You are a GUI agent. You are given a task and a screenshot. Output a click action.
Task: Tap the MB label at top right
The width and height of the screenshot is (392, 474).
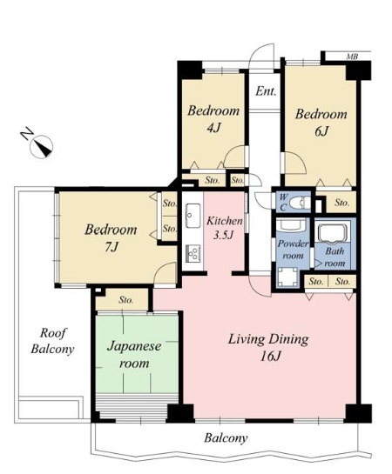352,57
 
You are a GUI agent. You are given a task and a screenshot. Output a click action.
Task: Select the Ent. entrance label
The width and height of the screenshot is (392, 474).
266,91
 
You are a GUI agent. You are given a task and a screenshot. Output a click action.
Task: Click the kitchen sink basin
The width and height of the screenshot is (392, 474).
193,216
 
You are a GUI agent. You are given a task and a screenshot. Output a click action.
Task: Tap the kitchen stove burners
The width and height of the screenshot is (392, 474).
193,253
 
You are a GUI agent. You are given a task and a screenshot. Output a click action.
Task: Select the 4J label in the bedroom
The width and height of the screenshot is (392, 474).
213,128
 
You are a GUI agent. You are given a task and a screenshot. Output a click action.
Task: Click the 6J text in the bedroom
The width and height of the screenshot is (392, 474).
321,131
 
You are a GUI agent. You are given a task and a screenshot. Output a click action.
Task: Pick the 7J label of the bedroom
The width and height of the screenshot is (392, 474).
112,247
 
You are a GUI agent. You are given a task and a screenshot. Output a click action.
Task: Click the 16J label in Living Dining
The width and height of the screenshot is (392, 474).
271,357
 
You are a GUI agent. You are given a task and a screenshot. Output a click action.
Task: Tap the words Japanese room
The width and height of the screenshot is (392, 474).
134,354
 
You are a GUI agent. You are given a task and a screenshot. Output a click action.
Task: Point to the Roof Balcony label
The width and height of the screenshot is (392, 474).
52,341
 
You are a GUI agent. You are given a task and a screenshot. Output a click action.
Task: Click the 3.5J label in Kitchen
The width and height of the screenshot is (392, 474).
223,235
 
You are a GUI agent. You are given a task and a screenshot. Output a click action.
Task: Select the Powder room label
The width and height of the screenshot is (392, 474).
293,250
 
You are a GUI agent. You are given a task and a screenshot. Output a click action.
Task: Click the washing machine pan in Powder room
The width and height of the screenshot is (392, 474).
287,277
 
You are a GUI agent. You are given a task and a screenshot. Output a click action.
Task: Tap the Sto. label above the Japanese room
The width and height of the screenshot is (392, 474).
126,300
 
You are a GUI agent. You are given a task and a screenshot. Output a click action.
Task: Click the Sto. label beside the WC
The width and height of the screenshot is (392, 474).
342,203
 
